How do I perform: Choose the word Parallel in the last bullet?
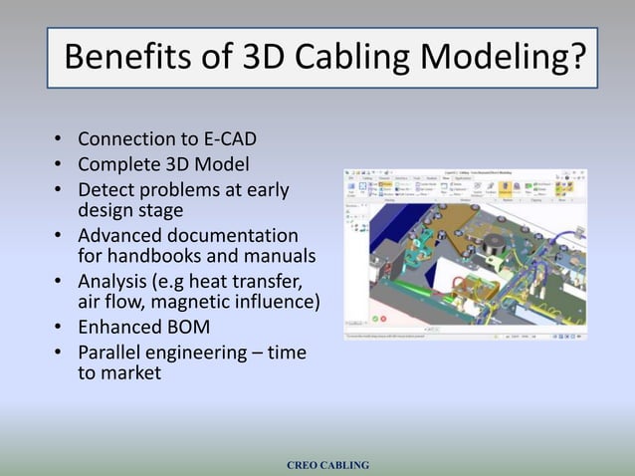[x=114, y=353]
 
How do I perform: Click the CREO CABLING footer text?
[x=327, y=465]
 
